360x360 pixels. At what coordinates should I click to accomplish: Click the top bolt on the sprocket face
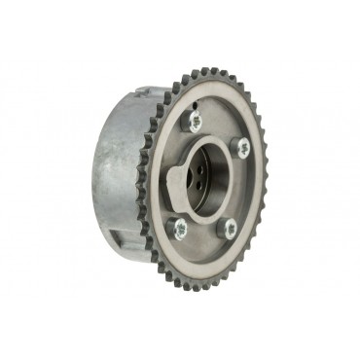195,122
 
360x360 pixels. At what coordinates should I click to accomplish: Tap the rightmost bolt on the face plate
242,148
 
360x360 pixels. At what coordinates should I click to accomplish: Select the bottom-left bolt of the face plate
179,230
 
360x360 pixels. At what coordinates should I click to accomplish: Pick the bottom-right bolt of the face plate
230,229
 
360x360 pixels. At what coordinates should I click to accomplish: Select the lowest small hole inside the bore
198,190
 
